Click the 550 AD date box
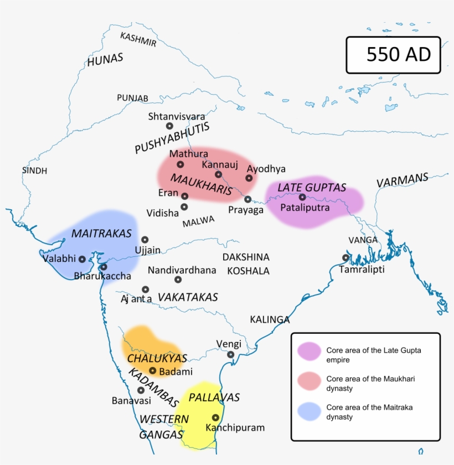tap(393, 55)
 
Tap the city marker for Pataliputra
tap(302, 197)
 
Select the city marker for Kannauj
tap(218, 174)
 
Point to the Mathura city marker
tap(180, 164)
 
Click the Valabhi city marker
tap(82, 259)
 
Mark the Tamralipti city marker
tap(345, 257)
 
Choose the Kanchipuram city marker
tap(215, 418)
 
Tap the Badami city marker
tap(153, 370)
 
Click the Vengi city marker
tap(230, 354)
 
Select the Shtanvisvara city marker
tap(169, 126)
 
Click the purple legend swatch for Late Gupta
tap(309, 350)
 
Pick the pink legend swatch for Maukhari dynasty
tap(309, 383)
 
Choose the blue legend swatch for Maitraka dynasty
tap(309, 411)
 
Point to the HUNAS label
tap(105, 60)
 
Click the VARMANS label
tap(403, 180)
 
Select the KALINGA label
tap(270, 319)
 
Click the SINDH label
tap(34, 170)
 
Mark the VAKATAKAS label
tap(188, 297)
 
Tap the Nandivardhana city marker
tap(178, 280)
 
